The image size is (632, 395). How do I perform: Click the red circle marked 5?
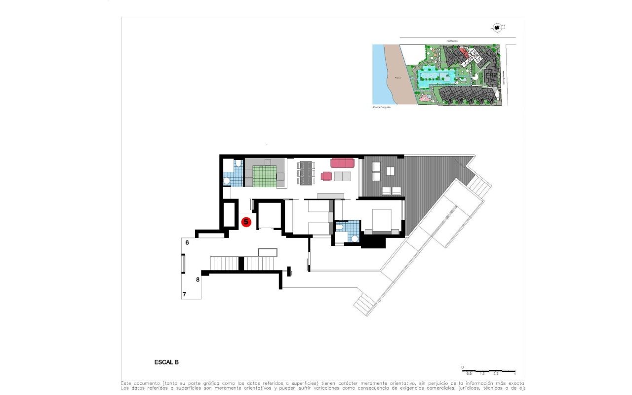pyautogui.click(x=246, y=222)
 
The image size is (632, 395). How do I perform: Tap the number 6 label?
pyautogui.click(x=187, y=242)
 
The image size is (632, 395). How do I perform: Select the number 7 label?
pyautogui.click(x=184, y=294)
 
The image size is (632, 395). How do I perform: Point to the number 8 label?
pyautogui.click(x=197, y=279)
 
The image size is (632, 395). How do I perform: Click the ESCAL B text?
pyautogui.click(x=166, y=362)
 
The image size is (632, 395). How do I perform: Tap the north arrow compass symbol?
pyautogui.click(x=497, y=28)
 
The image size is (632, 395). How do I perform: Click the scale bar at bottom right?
pyautogui.click(x=488, y=370)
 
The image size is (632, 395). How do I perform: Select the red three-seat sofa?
pyautogui.click(x=343, y=163)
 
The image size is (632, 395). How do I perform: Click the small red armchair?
pyautogui.click(x=326, y=176)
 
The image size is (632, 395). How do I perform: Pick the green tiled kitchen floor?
pyautogui.click(x=264, y=176)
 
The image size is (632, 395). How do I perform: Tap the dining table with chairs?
pyautogui.click(x=306, y=172)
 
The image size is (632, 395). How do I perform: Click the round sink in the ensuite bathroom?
pyautogui.click(x=354, y=238)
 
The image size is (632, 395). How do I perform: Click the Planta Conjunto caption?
pyautogui.click(x=381, y=107)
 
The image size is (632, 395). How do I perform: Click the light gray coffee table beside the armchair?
pyautogui.click(x=343, y=176)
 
